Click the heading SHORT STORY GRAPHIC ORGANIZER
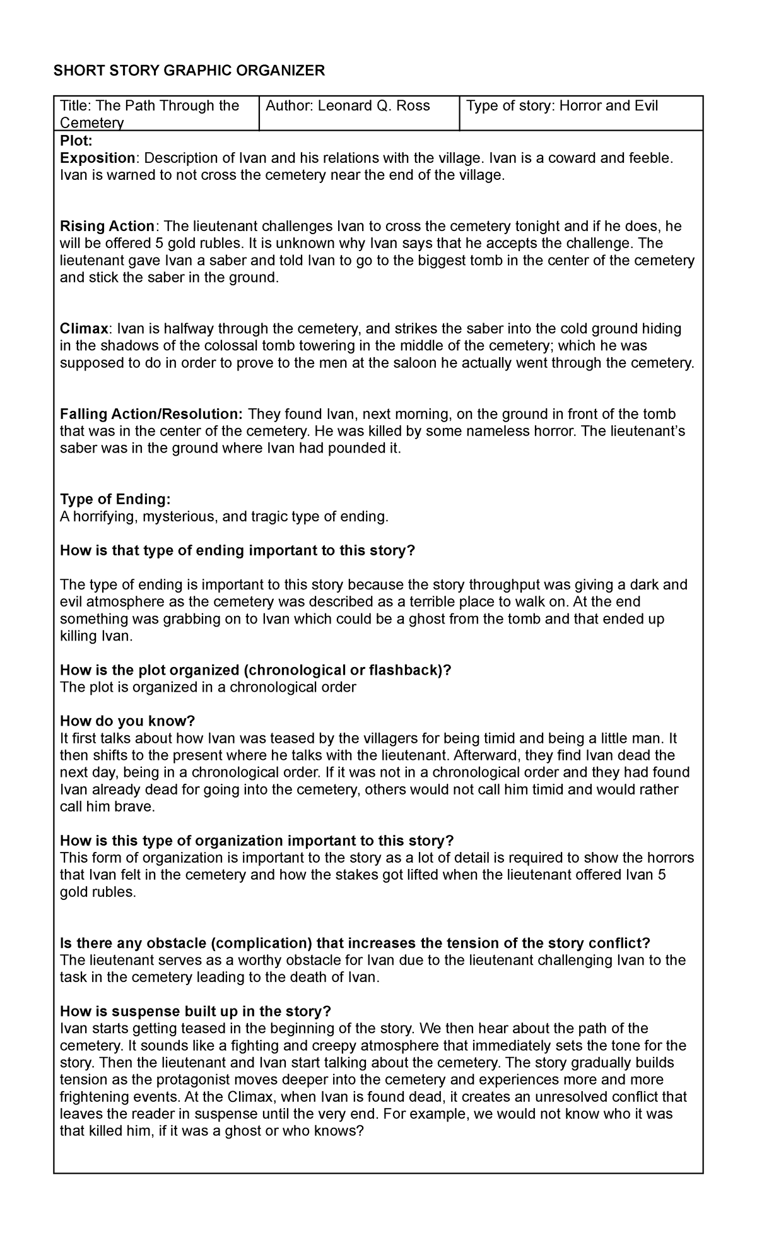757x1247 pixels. (x=189, y=70)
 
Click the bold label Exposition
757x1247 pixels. (x=97, y=158)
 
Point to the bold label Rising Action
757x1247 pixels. (x=107, y=227)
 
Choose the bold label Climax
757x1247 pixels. (x=84, y=329)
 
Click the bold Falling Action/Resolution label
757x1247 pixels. (x=151, y=415)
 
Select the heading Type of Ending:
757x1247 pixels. (x=115, y=500)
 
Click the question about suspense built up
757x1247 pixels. (x=195, y=1012)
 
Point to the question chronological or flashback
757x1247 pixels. (x=255, y=670)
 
